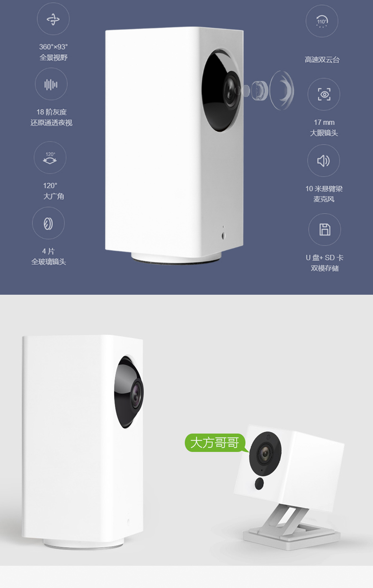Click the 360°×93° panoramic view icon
tap(53, 19)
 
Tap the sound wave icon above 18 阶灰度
tap(51, 84)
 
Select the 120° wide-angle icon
tap(50, 157)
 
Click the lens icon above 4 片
tap(48, 223)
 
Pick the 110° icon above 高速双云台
tap(322, 21)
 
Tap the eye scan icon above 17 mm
tap(324, 94)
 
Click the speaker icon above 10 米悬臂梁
tap(324, 161)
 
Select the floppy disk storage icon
tap(325, 229)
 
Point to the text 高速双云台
tap(322, 60)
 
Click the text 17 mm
tap(324, 122)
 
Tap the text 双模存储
tap(325, 268)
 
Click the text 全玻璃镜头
tap(49, 262)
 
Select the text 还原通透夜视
tap(52, 123)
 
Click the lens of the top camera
tap(232, 90)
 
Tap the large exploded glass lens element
tap(282, 90)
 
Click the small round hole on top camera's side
tap(223, 236)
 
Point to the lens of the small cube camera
tap(265, 453)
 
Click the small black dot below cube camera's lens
tap(259, 484)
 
